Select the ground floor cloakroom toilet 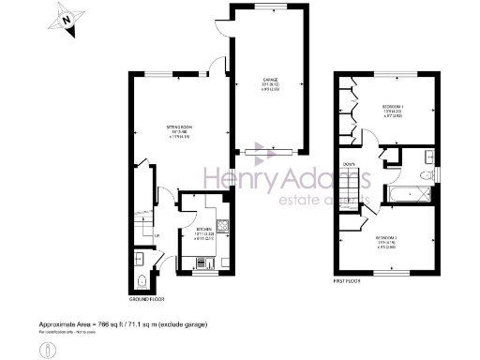[x=140, y=280]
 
